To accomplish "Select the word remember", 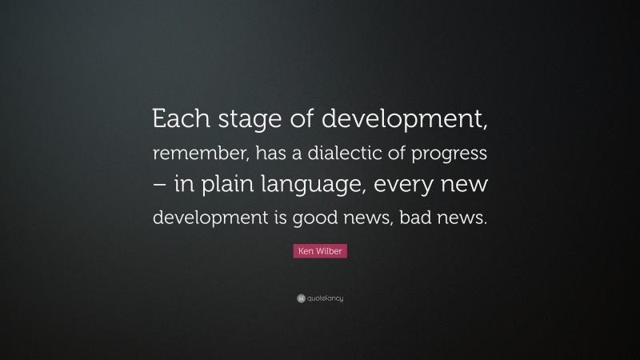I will coord(192,153).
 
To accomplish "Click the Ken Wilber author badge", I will coord(319,252).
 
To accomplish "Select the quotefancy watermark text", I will coord(325,298).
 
